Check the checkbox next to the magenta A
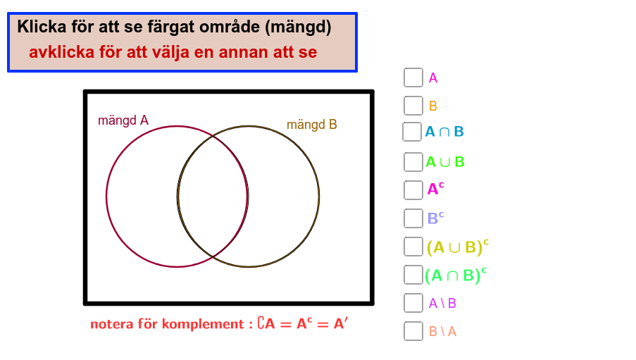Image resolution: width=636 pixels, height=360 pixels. (x=413, y=77)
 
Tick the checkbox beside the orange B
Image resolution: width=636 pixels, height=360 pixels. (x=413, y=106)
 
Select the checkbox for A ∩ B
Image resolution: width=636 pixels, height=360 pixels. (x=412, y=132)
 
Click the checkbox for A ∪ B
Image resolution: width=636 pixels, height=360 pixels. (x=413, y=162)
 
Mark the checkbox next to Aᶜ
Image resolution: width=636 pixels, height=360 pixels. (x=413, y=190)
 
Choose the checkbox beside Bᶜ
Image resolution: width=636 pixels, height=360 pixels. (x=413, y=218)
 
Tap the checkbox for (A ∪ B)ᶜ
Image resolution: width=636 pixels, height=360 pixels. (x=413, y=247)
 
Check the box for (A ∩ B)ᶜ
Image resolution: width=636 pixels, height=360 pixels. (x=413, y=275)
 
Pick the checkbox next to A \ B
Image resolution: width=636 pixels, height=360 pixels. (x=413, y=303)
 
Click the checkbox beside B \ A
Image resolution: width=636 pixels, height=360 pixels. (x=413, y=331)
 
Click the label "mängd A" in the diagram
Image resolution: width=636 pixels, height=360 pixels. (x=123, y=120)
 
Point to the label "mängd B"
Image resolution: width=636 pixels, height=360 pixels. (x=312, y=125)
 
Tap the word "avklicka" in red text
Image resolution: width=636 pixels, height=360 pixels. (x=62, y=52)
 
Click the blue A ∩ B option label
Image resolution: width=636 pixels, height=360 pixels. (x=444, y=132)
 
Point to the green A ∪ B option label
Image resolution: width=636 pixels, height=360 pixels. (x=445, y=162)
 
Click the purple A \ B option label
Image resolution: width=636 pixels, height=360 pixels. (x=442, y=303)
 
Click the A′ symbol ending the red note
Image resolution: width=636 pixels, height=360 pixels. (x=341, y=323)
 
